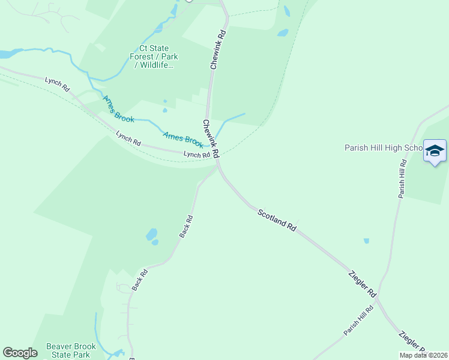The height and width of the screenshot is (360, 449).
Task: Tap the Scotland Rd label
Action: click(277, 220)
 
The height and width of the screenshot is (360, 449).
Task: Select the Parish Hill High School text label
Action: click(384, 148)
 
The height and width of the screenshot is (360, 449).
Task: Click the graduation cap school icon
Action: click(435, 151)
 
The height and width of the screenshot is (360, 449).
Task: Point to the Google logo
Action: click(20, 353)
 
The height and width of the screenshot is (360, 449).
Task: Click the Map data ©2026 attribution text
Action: click(423, 355)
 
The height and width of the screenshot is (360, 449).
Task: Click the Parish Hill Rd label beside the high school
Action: click(403, 178)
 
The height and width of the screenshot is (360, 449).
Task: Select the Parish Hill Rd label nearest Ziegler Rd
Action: click(358, 320)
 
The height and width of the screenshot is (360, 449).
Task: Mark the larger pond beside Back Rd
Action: click(151, 233)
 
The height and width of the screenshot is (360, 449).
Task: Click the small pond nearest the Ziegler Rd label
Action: click(366, 241)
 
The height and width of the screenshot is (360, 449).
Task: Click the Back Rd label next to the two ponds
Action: click(185, 226)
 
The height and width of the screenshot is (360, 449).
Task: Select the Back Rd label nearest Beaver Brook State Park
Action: click(140, 280)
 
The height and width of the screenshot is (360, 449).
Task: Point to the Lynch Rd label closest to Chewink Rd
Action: click(196, 155)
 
